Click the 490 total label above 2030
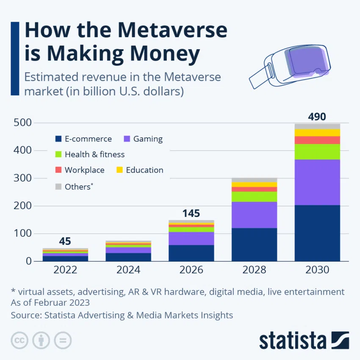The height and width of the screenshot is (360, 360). coord(317,117)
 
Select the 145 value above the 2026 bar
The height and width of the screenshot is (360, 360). coord(191,213)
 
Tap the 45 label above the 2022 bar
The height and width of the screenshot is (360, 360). coord(65,241)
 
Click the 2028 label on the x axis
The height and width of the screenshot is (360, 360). coord(254,270)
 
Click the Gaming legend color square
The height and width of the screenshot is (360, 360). coord(127,139)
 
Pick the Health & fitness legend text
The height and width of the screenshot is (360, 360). coord(94,155)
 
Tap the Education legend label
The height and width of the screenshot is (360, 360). coord(144,170)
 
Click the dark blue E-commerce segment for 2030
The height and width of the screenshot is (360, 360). coord(317,233)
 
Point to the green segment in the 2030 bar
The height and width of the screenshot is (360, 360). coord(317,152)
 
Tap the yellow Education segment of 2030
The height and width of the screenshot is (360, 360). coord(317,133)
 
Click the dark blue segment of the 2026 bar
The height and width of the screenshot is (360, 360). coord(191,253)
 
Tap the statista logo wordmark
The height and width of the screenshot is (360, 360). coord(293,341)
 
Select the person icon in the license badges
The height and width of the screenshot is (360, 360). coord(41,340)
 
